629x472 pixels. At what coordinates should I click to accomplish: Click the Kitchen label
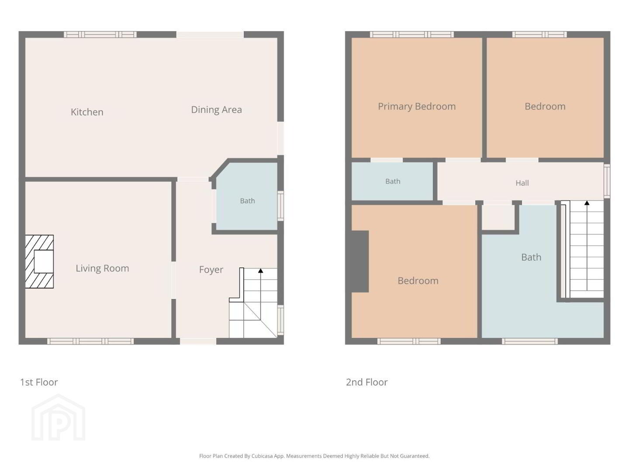pyautogui.click(x=87, y=112)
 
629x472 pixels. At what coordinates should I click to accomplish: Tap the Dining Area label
pyautogui.click(x=216, y=109)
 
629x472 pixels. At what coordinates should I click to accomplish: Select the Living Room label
pyautogui.click(x=102, y=268)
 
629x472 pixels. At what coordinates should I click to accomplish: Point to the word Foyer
pyautogui.click(x=211, y=270)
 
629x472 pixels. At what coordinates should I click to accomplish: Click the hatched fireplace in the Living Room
pyautogui.click(x=39, y=261)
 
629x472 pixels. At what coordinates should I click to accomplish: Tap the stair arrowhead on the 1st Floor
pyautogui.click(x=260, y=271)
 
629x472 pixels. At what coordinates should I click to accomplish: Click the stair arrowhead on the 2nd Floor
pyautogui.click(x=587, y=203)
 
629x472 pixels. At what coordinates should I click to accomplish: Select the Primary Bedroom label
pyautogui.click(x=417, y=106)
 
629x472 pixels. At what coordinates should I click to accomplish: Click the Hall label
pyautogui.click(x=522, y=183)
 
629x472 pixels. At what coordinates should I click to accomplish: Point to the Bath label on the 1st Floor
pyautogui.click(x=247, y=201)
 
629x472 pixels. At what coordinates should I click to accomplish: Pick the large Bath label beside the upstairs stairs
pyautogui.click(x=531, y=257)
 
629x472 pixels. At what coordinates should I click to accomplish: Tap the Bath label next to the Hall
pyautogui.click(x=393, y=181)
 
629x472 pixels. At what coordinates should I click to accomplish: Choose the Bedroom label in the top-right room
pyautogui.click(x=545, y=106)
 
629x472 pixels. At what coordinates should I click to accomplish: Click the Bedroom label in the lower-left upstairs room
pyautogui.click(x=418, y=281)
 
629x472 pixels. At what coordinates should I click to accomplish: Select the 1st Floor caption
pyautogui.click(x=39, y=382)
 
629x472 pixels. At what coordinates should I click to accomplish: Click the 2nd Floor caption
pyautogui.click(x=367, y=382)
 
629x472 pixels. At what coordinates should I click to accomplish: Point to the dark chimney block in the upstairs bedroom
pyautogui.click(x=360, y=261)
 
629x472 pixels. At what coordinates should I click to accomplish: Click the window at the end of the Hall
pyautogui.click(x=607, y=181)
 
